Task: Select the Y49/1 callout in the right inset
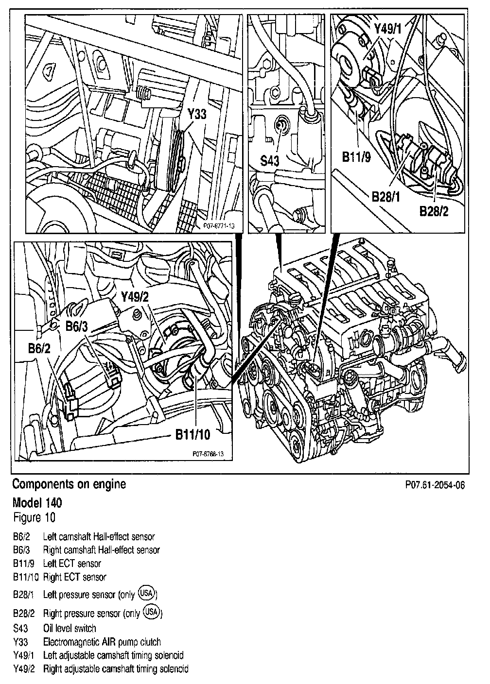[388, 30]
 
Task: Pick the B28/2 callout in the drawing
[434, 212]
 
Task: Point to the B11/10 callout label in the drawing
[192, 434]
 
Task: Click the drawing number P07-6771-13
[216, 225]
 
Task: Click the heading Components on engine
[69, 484]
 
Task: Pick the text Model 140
[37, 502]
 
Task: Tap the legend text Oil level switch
[70, 628]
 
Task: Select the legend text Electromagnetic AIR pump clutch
[102, 642]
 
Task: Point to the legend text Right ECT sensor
[74, 577]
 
